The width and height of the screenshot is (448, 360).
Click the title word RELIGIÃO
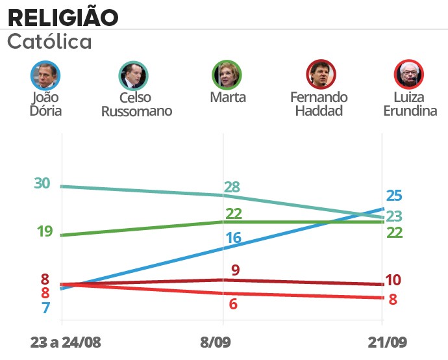(x=63, y=16)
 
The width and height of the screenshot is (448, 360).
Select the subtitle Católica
(x=49, y=42)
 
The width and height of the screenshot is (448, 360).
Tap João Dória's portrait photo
(x=45, y=75)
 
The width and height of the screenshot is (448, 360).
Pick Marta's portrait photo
(x=228, y=75)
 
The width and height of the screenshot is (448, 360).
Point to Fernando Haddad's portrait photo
(x=320, y=75)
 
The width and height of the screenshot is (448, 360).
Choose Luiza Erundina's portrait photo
(x=409, y=75)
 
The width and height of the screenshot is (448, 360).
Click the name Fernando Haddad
(x=319, y=104)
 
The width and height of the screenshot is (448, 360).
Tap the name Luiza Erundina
(x=409, y=104)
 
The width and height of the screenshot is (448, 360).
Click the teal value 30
(x=42, y=184)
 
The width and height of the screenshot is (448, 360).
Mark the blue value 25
(x=394, y=196)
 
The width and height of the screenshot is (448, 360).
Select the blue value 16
(x=233, y=238)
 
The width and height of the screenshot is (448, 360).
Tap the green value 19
(x=44, y=231)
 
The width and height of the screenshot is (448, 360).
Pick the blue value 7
(x=45, y=308)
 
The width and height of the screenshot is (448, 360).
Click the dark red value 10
(x=393, y=281)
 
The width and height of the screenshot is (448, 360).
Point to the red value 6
(x=233, y=304)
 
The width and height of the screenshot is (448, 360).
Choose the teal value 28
(x=232, y=188)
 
